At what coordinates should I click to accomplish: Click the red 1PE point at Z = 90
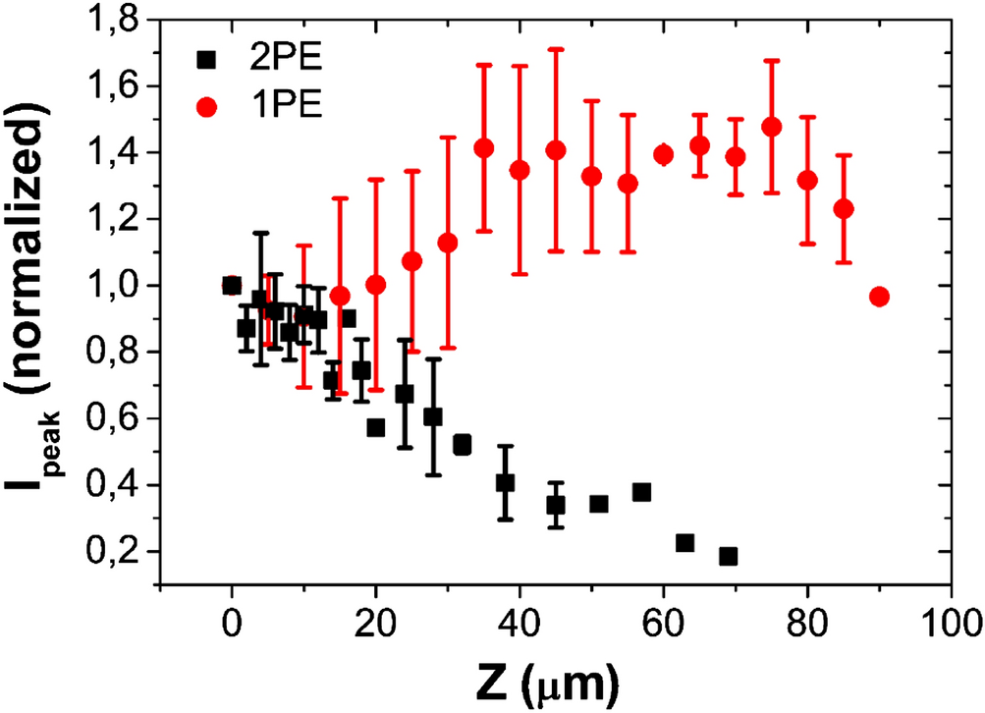click(879, 297)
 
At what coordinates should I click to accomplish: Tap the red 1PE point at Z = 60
click(663, 154)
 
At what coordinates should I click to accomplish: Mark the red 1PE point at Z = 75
click(771, 127)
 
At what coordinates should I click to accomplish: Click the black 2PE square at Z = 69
click(728, 556)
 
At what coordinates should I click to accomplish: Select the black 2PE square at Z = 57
click(641, 492)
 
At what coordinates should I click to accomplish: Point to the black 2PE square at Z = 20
click(375, 427)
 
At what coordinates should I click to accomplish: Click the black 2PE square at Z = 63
click(684, 543)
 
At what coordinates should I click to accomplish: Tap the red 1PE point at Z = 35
click(483, 148)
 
